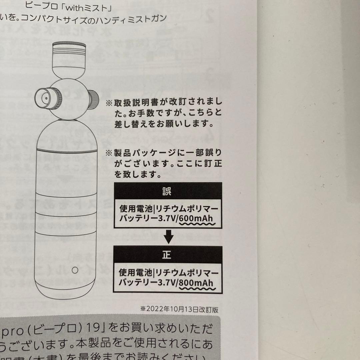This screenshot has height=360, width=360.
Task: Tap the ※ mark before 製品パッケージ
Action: pyautogui.click(x=109, y=153)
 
